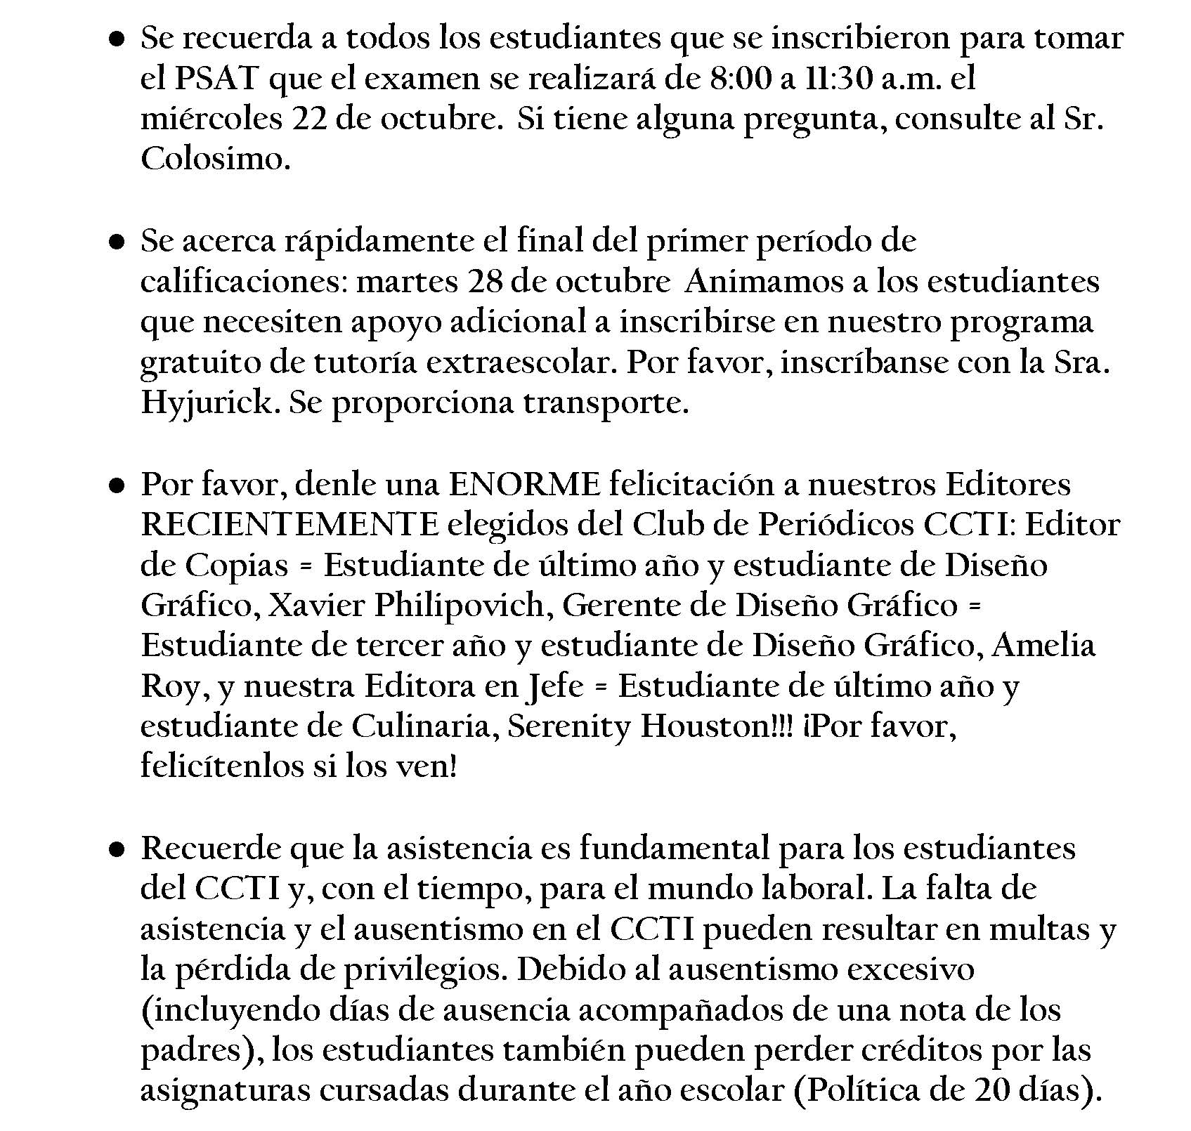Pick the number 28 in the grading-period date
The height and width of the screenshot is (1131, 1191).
[481, 282]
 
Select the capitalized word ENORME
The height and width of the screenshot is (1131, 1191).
[524, 484]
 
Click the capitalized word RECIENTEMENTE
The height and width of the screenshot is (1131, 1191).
[290, 525]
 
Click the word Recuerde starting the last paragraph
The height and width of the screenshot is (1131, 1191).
[211, 848]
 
